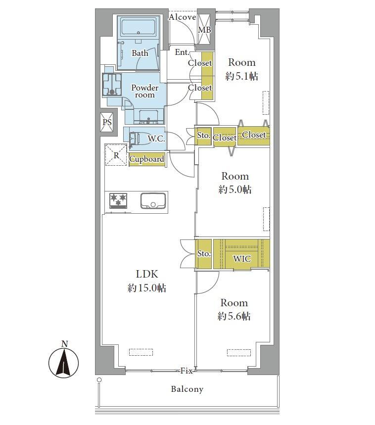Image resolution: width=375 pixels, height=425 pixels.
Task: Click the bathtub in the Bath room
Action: point(139,27)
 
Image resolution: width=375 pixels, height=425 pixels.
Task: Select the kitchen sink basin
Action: point(153,200)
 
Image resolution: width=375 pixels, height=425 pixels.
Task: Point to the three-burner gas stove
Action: point(118,200)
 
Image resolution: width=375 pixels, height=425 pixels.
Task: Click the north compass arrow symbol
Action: point(64,363)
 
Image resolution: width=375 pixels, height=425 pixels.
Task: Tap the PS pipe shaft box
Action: point(107,122)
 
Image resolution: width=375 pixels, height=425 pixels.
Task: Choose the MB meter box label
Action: point(204,30)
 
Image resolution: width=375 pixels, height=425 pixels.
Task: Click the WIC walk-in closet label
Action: point(242,259)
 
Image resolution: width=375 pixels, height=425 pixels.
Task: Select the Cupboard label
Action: point(147,159)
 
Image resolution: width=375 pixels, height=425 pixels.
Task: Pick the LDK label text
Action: point(147,274)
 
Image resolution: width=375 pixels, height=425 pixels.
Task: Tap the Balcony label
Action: point(187,389)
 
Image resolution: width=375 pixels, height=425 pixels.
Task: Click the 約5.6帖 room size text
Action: point(234,316)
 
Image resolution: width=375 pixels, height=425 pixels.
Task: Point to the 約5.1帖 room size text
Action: point(242,76)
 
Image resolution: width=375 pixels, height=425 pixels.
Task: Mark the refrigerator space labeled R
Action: point(116,155)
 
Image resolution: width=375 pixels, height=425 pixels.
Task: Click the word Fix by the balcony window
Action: point(187,371)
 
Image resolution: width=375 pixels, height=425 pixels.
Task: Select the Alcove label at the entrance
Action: point(183,17)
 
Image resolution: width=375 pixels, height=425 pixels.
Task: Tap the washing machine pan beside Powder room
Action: point(112,85)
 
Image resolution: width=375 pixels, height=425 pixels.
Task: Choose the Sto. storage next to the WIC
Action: point(203,254)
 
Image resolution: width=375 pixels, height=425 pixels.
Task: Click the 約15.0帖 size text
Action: point(147,288)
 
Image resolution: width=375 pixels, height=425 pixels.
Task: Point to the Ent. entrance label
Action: point(182,52)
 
